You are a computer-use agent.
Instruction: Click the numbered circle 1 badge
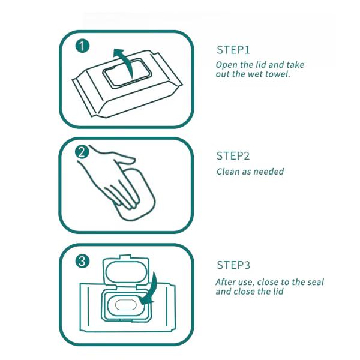point(82,46)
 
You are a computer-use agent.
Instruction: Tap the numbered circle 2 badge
point(82,152)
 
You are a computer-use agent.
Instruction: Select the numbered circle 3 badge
point(82,261)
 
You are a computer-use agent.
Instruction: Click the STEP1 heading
point(233,50)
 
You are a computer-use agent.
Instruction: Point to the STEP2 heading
point(233,156)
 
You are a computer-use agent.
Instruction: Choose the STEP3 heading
point(233,265)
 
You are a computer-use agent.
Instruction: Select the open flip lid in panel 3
point(126,272)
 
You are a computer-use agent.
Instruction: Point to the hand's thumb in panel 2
point(124,158)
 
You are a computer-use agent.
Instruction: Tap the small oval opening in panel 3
point(126,305)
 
